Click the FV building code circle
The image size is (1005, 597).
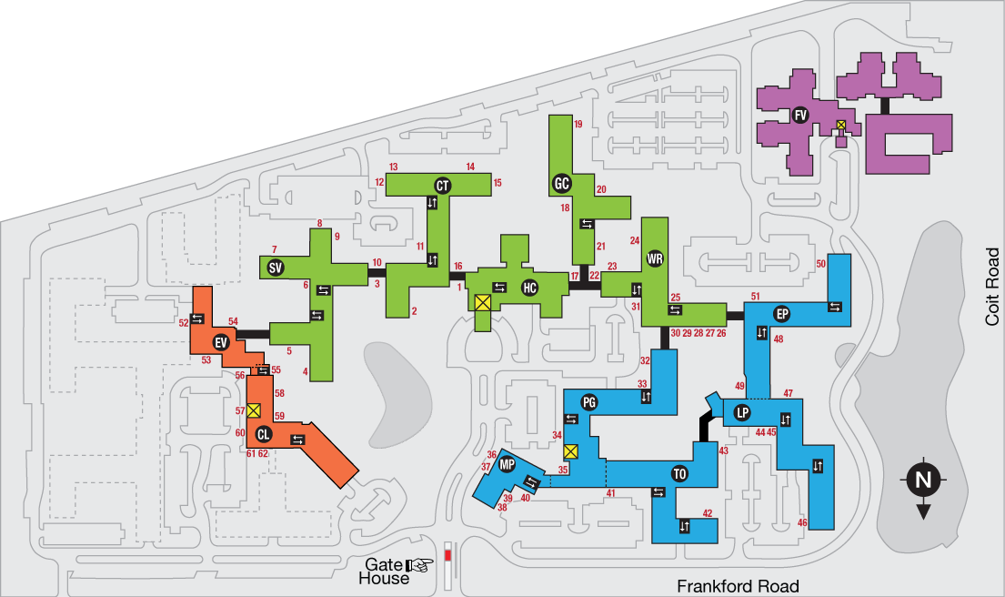coord(800,115)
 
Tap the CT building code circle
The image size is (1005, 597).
coord(443,186)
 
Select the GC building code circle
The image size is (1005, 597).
coord(561,184)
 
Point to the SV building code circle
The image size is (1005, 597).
coord(274,268)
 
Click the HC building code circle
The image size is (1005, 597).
coord(529,288)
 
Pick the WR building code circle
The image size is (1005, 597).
coord(655,259)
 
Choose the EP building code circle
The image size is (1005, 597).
coord(781,314)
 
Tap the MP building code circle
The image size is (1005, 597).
coord(508,465)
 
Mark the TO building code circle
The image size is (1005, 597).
coord(679,474)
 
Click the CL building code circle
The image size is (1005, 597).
coord(264,433)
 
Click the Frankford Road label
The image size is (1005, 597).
coord(738,586)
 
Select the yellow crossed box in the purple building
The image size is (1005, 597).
coord(841,124)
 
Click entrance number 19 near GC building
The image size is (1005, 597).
coord(578,124)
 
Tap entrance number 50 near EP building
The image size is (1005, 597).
coord(820,264)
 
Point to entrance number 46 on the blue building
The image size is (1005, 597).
coord(802,522)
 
